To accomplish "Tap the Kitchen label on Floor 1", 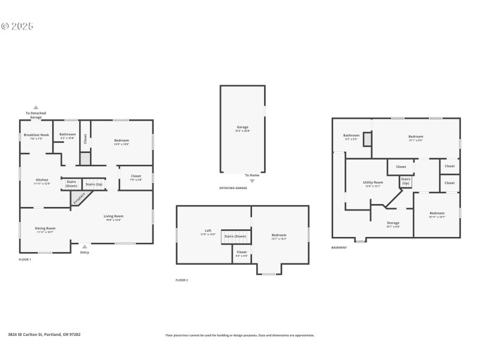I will [x=42, y=180].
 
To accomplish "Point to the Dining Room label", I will [x=45, y=228].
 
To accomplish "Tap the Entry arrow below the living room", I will [x=85, y=245].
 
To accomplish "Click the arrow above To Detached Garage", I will [x=35, y=107].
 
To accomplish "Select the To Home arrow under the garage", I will [x=252, y=180].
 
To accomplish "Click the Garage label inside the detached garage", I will [x=242, y=127].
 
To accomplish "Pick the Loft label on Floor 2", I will [x=208, y=230].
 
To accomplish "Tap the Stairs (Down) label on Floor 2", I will [x=235, y=236].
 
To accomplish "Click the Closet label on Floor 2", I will [x=241, y=252].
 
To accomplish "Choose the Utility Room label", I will [x=373, y=182].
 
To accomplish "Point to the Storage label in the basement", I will [x=393, y=223].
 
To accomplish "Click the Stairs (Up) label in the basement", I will [x=406, y=181].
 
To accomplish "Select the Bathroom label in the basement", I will [x=351, y=136].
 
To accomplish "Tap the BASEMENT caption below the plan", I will [x=340, y=247].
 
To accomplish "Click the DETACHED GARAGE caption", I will [x=233, y=188].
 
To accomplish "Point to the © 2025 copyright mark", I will [x=17, y=26].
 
